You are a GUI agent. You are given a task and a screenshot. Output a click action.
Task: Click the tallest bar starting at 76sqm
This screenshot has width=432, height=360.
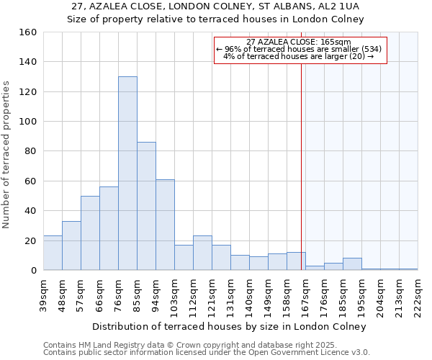point(127,173)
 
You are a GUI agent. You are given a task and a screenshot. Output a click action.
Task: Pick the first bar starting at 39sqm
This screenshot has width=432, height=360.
point(53,253)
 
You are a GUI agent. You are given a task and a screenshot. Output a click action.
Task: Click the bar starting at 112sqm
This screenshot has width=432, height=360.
point(202,253)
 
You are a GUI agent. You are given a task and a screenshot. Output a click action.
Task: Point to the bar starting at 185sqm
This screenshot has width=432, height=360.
point(352,264)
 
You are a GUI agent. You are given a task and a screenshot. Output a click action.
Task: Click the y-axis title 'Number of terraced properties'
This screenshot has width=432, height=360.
point(6,155)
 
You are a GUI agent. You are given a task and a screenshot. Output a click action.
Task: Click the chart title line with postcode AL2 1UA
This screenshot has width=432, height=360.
point(215,6)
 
